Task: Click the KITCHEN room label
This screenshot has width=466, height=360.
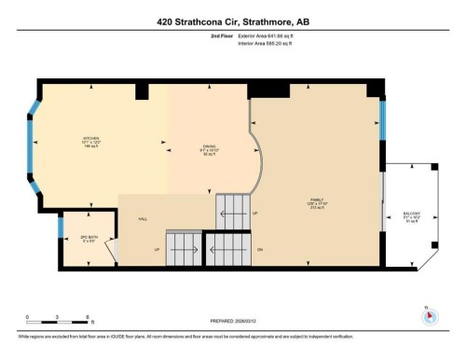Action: pos(90,142)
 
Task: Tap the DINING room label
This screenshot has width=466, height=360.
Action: pos(211,147)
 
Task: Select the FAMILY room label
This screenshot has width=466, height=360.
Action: pos(318,202)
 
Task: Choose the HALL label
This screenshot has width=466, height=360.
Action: pos(143,218)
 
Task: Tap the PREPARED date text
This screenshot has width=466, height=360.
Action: pos(232,322)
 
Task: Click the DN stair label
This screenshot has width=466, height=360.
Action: pos(261,249)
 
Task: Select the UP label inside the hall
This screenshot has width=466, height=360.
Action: pos(157,249)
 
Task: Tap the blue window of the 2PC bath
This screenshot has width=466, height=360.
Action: pos(61,226)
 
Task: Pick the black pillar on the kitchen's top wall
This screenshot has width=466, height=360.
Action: pos(142,92)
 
